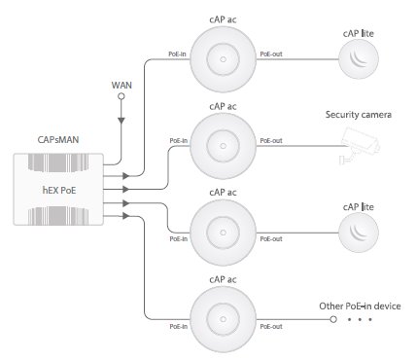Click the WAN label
(x=122, y=86)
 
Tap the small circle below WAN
(x=122, y=96)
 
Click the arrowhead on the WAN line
(x=122, y=121)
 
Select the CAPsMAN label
(x=58, y=140)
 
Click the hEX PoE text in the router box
(x=59, y=190)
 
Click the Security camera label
(x=359, y=115)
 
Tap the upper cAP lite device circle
(x=359, y=59)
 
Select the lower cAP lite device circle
(x=359, y=233)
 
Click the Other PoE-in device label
(x=360, y=306)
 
